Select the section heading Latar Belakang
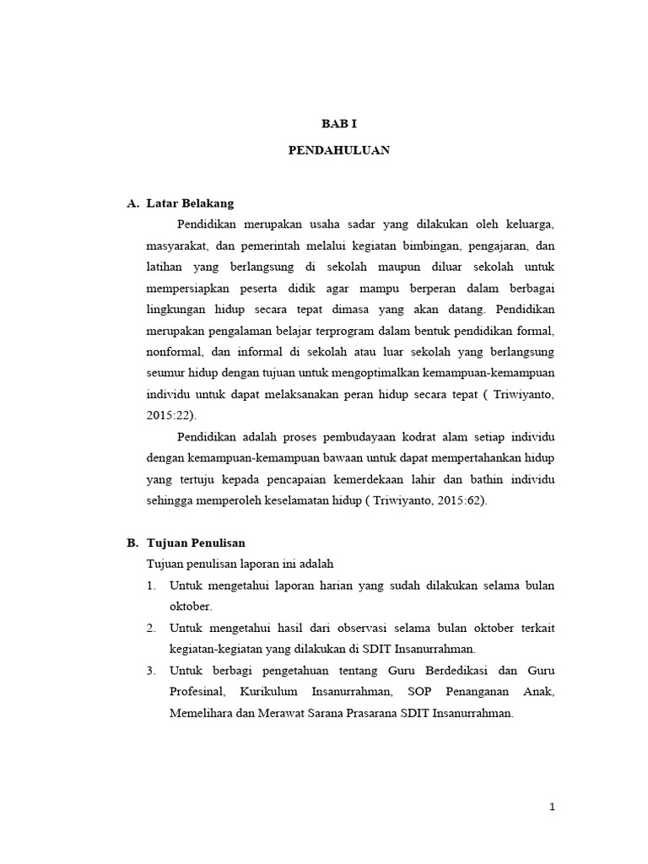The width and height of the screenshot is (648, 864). click(x=190, y=203)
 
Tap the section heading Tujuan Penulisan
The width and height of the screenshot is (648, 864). click(x=196, y=543)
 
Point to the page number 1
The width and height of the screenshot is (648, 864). click(x=552, y=807)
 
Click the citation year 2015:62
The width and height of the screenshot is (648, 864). click(x=456, y=499)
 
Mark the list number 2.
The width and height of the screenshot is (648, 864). click(x=151, y=629)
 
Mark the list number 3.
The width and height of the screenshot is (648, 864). click(x=151, y=671)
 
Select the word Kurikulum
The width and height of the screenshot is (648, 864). click(x=267, y=692)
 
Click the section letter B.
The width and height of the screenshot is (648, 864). click(x=131, y=543)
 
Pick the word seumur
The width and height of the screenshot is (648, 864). click(x=166, y=372)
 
